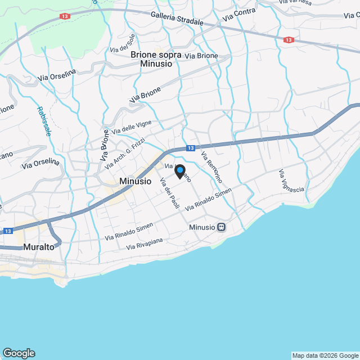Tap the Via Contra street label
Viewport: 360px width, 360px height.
(x=238, y=15)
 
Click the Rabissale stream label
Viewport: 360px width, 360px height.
(x=44, y=121)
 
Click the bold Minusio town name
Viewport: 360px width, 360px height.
(x=136, y=182)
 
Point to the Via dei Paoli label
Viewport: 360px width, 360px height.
(x=169, y=193)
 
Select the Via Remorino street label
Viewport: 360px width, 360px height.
(x=212, y=167)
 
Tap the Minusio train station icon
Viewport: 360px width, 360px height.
(x=222, y=227)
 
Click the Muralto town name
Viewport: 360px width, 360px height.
(x=39, y=247)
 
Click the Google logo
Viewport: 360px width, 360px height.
(x=18, y=353)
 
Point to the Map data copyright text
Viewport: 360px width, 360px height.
(x=325, y=355)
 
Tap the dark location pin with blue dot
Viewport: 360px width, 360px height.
(x=179, y=172)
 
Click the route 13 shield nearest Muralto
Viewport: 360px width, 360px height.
(x=8, y=231)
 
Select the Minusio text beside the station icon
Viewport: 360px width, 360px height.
(x=202, y=227)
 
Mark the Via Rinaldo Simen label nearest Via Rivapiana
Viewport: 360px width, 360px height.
(x=129, y=232)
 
